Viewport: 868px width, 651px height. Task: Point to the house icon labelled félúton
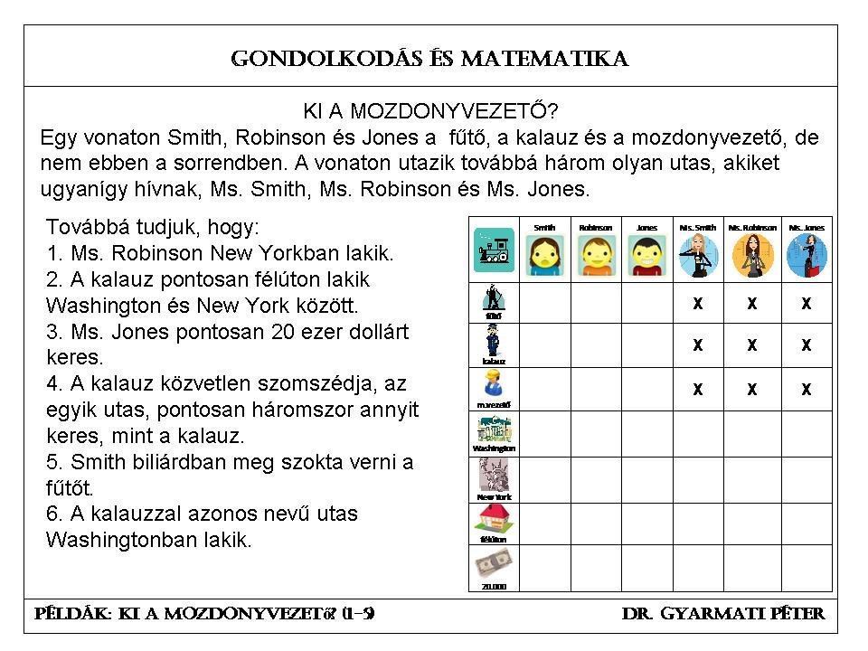tap(494, 519)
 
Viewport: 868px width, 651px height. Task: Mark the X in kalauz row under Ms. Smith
tap(698, 345)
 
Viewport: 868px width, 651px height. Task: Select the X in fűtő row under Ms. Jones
tap(807, 304)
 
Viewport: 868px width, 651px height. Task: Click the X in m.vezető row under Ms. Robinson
tap(751, 390)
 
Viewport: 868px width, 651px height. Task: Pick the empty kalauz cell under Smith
tap(545, 345)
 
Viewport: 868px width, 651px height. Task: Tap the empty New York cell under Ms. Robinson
tap(751, 479)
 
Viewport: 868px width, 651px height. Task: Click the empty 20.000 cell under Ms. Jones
tap(807, 568)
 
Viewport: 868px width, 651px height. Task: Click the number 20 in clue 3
tap(285, 332)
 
